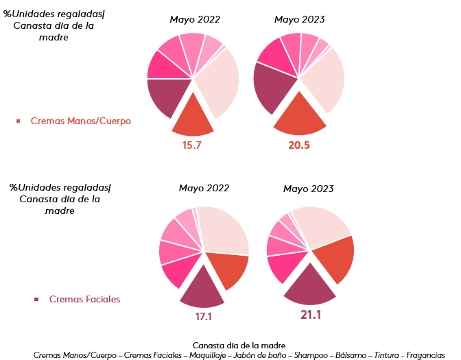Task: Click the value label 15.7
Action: [x=192, y=145]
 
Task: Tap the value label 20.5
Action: [x=299, y=145]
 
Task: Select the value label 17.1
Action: [x=204, y=317]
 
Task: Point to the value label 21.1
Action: [x=310, y=315]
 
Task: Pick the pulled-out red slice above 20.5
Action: [x=300, y=116]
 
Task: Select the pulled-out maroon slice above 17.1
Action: [x=202, y=289]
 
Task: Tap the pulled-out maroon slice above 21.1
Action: [x=309, y=287]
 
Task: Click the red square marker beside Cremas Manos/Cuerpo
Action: [x=19, y=121]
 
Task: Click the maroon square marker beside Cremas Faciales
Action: [x=36, y=299]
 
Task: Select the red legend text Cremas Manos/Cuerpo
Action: [x=80, y=121]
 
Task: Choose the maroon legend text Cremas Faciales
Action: [x=84, y=299]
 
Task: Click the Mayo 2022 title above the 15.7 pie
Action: [x=196, y=19]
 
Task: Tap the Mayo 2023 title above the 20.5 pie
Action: [x=300, y=19]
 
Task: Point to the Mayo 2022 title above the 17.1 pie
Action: [x=204, y=188]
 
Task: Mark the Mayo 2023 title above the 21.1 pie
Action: [x=308, y=189]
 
